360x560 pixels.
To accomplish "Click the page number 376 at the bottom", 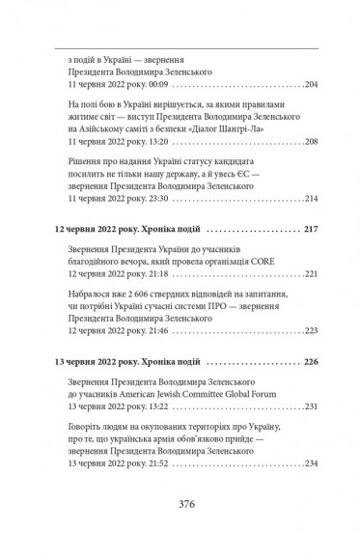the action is [181, 529].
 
